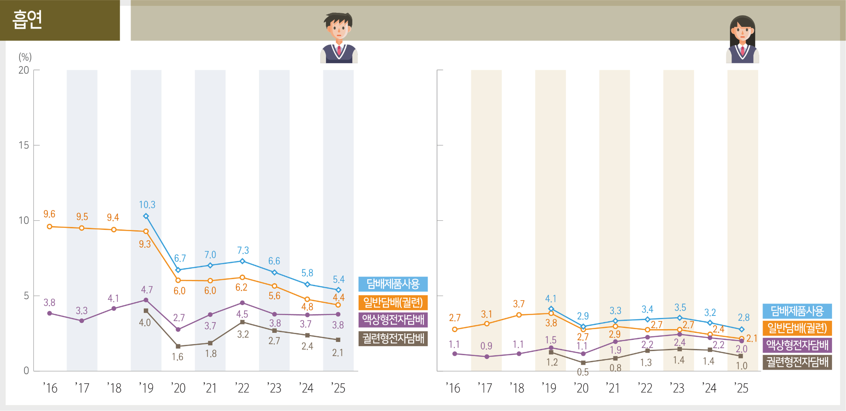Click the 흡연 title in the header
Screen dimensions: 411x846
(27, 19)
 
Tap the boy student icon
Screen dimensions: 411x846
(339, 38)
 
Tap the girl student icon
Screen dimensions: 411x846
(742, 40)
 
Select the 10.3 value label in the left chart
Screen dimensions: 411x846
(147, 205)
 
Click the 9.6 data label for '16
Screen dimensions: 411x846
(49, 214)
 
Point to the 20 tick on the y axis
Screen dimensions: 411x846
(24, 70)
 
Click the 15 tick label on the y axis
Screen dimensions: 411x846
(24, 146)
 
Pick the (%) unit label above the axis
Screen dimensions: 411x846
(25, 57)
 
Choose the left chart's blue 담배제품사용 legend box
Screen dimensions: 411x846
(393, 284)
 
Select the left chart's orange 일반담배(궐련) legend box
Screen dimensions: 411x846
(393, 303)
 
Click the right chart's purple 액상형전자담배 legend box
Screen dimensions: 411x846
(797, 345)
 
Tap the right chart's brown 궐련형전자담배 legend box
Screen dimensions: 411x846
(797, 362)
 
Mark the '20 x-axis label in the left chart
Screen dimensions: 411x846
(178, 388)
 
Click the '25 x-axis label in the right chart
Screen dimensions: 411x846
(741, 388)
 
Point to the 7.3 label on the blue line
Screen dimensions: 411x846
(243, 251)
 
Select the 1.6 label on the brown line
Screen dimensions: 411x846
(178, 357)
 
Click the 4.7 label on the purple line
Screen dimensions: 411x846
(147, 290)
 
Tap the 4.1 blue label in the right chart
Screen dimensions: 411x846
(551, 299)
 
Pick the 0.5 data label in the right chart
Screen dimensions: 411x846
(582, 372)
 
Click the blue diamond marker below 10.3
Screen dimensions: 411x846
(146, 216)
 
